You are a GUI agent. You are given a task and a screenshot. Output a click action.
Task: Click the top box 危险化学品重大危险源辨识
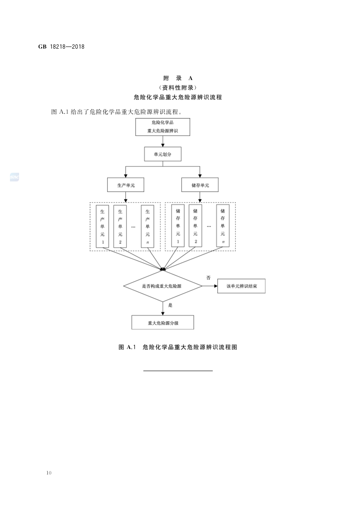pyautogui.click(x=163, y=127)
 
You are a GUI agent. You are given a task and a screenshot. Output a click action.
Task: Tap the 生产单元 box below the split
pyautogui.click(x=125, y=185)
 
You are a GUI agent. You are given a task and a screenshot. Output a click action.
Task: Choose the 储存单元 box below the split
pyautogui.click(x=200, y=185)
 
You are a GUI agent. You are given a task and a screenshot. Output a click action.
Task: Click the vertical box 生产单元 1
pyautogui.click(x=102, y=226)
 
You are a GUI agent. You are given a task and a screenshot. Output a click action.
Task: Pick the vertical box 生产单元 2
pyautogui.click(x=120, y=226)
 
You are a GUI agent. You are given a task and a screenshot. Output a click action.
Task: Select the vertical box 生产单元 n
pyautogui.click(x=147, y=226)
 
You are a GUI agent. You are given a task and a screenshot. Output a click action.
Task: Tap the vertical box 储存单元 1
pyautogui.click(x=178, y=226)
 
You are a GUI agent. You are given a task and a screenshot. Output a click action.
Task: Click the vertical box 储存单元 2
pyautogui.click(x=196, y=226)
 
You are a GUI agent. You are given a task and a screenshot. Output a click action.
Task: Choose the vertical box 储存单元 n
pyautogui.click(x=223, y=226)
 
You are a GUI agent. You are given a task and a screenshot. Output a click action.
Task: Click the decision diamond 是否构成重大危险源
pyautogui.click(x=163, y=286)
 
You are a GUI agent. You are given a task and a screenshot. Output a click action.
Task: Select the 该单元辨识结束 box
pyautogui.click(x=241, y=286)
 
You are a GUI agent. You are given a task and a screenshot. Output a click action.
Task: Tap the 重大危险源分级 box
pyautogui.click(x=163, y=322)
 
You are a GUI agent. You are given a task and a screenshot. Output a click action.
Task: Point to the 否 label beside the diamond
pyautogui.click(x=208, y=277)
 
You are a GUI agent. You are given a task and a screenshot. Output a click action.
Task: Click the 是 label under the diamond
pyautogui.click(x=170, y=305)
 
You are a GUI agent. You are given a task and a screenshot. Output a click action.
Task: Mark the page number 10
pyautogui.click(x=49, y=473)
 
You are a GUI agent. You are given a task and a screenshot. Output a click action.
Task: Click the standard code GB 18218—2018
pyautogui.click(x=61, y=46)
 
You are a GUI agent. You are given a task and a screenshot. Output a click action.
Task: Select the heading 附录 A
pyautogui.click(x=177, y=78)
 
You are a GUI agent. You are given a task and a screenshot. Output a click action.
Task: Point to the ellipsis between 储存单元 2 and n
pyautogui.click(x=209, y=226)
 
